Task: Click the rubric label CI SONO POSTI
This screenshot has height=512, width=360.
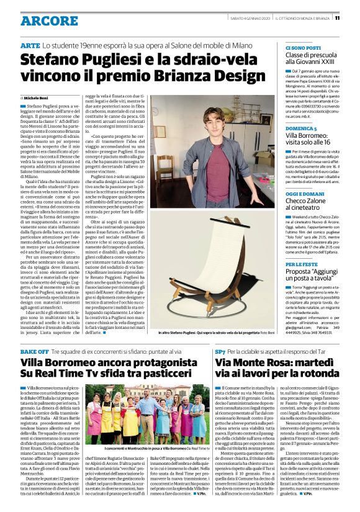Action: [x=303, y=48]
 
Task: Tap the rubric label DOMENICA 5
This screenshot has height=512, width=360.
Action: [x=302, y=128]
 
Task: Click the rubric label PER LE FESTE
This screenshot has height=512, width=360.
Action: [x=302, y=264]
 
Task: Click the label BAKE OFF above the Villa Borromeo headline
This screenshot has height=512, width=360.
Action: [x=34, y=351]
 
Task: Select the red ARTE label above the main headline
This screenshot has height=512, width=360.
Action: [x=30, y=47]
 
